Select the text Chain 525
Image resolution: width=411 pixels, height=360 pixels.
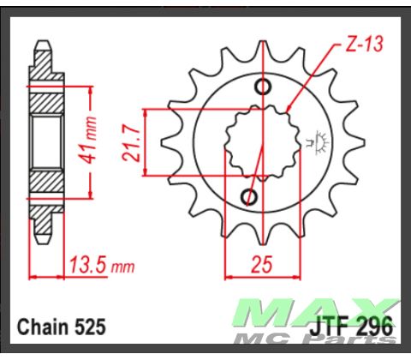click(x=61, y=327)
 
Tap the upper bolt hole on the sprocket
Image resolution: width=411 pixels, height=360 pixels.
click(x=265, y=87)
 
